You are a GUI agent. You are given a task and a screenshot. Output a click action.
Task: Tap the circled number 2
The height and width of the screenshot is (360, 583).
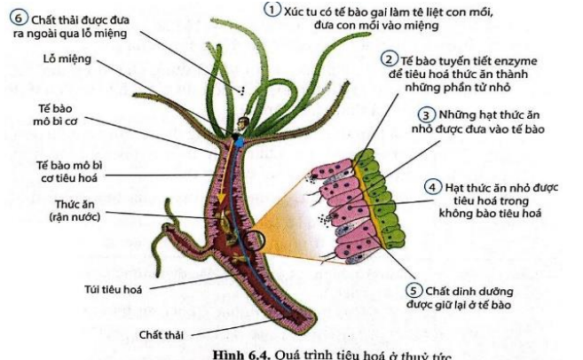click(389, 59)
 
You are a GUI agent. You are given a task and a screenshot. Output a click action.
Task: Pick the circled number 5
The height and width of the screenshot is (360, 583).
click(413, 290)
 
